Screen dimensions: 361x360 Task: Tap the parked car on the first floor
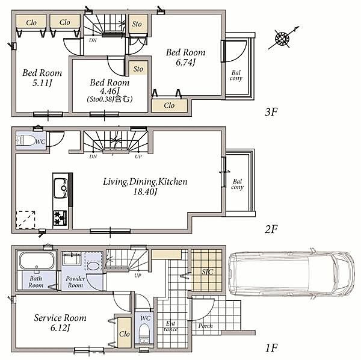pyautogui.click(x=291, y=274)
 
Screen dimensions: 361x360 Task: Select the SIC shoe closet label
pyautogui.click(x=208, y=272)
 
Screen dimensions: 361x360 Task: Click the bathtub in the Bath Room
pyautogui.click(x=37, y=261)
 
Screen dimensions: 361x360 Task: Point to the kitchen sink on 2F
pyautogui.click(x=61, y=188)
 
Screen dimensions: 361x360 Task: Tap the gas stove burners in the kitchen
pyautogui.click(x=60, y=218)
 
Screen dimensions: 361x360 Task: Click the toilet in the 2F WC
pyautogui.click(x=25, y=140)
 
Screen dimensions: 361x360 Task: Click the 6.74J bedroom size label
pyautogui.click(x=185, y=63)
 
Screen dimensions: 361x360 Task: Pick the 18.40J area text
pyautogui.click(x=145, y=191)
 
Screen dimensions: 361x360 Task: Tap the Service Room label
pyautogui.click(x=60, y=318)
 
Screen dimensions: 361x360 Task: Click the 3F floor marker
pyautogui.click(x=271, y=112)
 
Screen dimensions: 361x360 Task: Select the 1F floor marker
pyautogui.click(x=271, y=348)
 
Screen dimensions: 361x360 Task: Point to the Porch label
pyautogui.click(x=205, y=326)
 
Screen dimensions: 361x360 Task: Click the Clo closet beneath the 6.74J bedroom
pyautogui.click(x=169, y=106)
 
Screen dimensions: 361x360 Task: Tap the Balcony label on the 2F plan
pyautogui.click(x=238, y=184)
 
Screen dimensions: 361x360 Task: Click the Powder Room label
pyautogui.click(x=75, y=282)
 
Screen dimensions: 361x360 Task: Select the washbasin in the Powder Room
pyautogui.click(x=93, y=266)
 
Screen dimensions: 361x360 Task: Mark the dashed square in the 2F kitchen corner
pyautogui.click(x=25, y=220)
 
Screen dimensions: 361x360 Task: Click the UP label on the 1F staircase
pyautogui.click(x=138, y=276)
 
